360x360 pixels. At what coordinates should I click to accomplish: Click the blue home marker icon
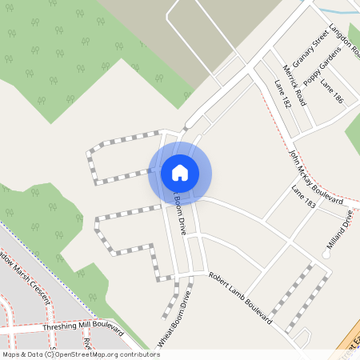[179, 172]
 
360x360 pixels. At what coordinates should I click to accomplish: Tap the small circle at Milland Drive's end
[326, 254]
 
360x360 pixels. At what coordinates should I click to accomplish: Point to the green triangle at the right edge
[353, 132]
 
